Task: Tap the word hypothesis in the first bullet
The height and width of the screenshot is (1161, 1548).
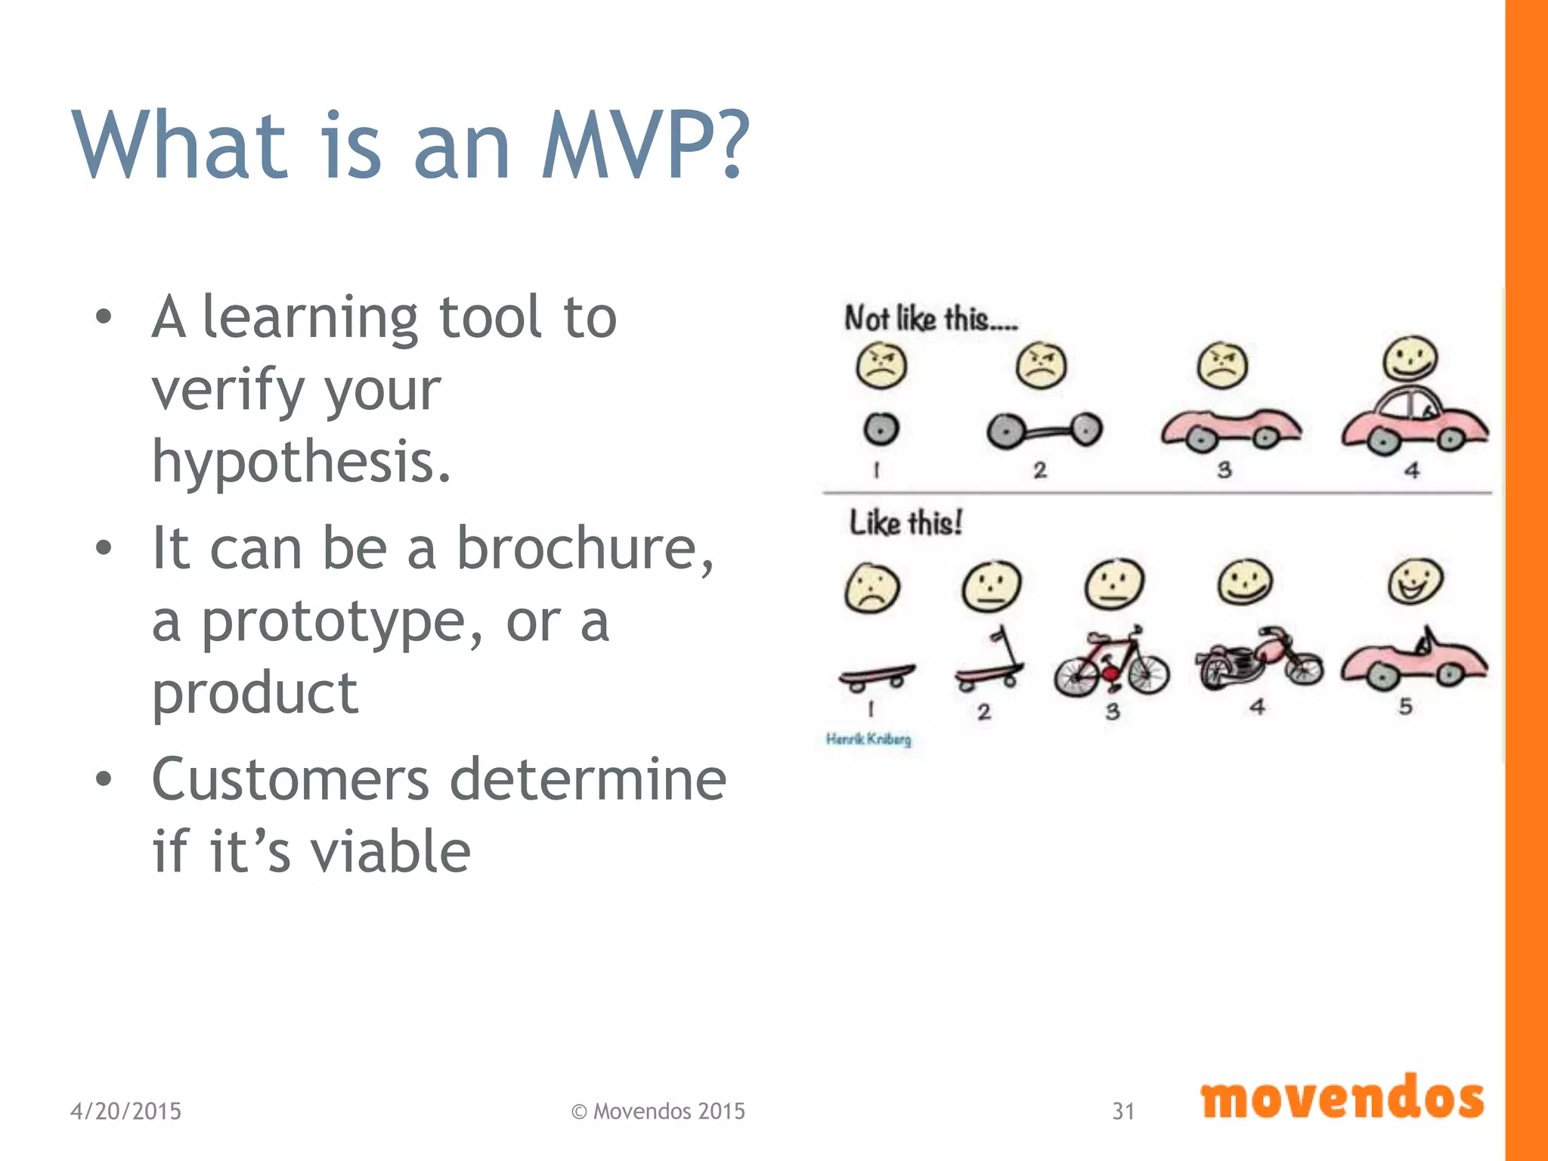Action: tap(300, 462)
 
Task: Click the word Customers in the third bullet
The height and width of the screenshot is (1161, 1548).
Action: tap(289, 779)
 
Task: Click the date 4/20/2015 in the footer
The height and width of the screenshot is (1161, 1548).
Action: tap(125, 1111)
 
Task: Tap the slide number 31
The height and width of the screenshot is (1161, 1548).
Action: tap(1122, 1111)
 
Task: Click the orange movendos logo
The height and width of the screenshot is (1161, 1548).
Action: tap(1342, 1098)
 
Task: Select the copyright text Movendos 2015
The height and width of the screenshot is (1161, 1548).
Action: tap(668, 1111)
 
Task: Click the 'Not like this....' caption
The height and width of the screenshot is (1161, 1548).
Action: tap(930, 319)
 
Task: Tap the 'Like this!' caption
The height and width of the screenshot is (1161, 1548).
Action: tap(906, 522)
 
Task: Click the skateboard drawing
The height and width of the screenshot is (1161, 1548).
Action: tap(876, 675)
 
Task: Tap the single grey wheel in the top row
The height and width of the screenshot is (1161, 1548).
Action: tap(881, 429)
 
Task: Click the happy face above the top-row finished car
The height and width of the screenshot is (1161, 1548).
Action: tap(1410, 358)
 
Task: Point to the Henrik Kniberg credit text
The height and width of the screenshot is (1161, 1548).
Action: tap(868, 739)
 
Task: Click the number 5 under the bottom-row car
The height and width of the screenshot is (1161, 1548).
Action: tap(1405, 707)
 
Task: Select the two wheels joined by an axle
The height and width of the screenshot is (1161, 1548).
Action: tap(1044, 431)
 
